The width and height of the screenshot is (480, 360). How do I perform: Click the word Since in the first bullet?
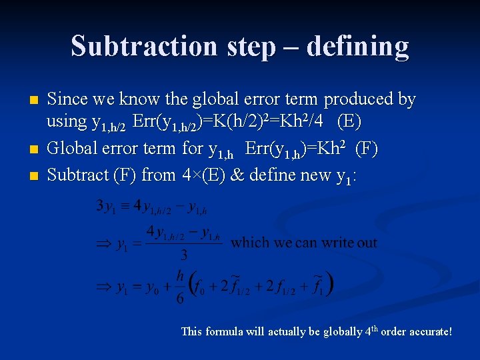69,99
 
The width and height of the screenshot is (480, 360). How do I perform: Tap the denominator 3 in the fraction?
184,255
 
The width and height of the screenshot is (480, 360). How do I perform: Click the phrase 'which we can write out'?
303,243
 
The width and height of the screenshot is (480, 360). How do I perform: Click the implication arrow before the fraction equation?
105,245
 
